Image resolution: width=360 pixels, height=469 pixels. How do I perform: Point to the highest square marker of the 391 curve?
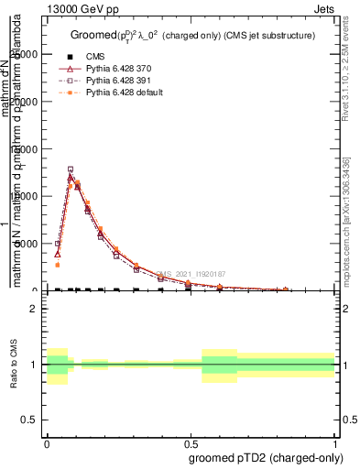[x=71, y=169]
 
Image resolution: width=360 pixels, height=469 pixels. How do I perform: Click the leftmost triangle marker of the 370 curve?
[x=58, y=254]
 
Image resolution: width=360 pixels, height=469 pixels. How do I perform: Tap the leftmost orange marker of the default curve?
[x=58, y=265]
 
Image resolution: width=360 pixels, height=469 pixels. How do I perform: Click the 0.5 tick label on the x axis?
[x=191, y=441]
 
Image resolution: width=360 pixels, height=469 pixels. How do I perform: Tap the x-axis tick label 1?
[x=334, y=441]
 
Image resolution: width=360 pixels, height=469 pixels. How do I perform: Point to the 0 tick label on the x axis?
[x=47, y=441]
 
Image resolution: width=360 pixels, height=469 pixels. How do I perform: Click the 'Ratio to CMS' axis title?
[x=14, y=365]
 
